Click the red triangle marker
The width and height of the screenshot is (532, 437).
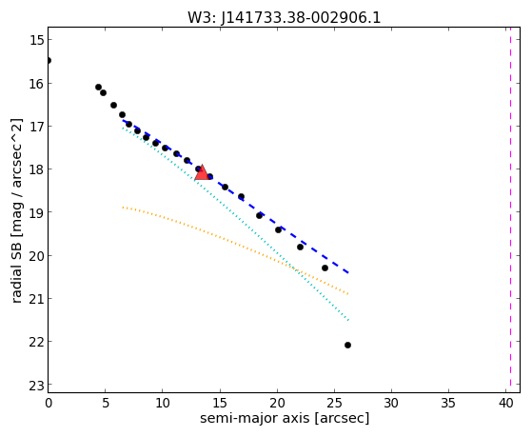click(x=202, y=173)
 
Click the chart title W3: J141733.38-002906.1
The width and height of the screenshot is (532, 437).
click(x=285, y=17)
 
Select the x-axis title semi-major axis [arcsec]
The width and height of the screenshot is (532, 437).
click(x=285, y=418)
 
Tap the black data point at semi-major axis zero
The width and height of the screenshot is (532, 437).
click(x=49, y=60)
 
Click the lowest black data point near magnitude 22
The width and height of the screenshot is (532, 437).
click(x=347, y=345)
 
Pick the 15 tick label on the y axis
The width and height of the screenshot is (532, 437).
click(x=37, y=40)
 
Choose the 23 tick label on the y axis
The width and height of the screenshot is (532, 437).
click(x=37, y=387)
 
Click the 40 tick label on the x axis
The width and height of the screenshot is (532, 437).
click(x=505, y=403)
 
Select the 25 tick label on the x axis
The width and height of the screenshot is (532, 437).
click(x=335, y=403)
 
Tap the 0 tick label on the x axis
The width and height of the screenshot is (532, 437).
click(x=49, y=403)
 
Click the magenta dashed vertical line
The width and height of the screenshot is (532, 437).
click(x=510, y=209)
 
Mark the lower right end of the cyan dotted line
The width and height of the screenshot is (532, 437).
click(x=348, y=320)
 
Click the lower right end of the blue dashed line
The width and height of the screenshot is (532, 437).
click(x=348, y=272)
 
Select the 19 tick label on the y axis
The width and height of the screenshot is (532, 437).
click(x=37, y=212)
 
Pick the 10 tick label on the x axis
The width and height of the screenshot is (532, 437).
click(x=163, y=403)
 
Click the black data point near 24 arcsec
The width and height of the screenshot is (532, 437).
click(x=325, y=268)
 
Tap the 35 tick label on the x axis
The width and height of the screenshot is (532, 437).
click(x=448, y=403)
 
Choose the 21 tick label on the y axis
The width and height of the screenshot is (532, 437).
click(x=37, y=298)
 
